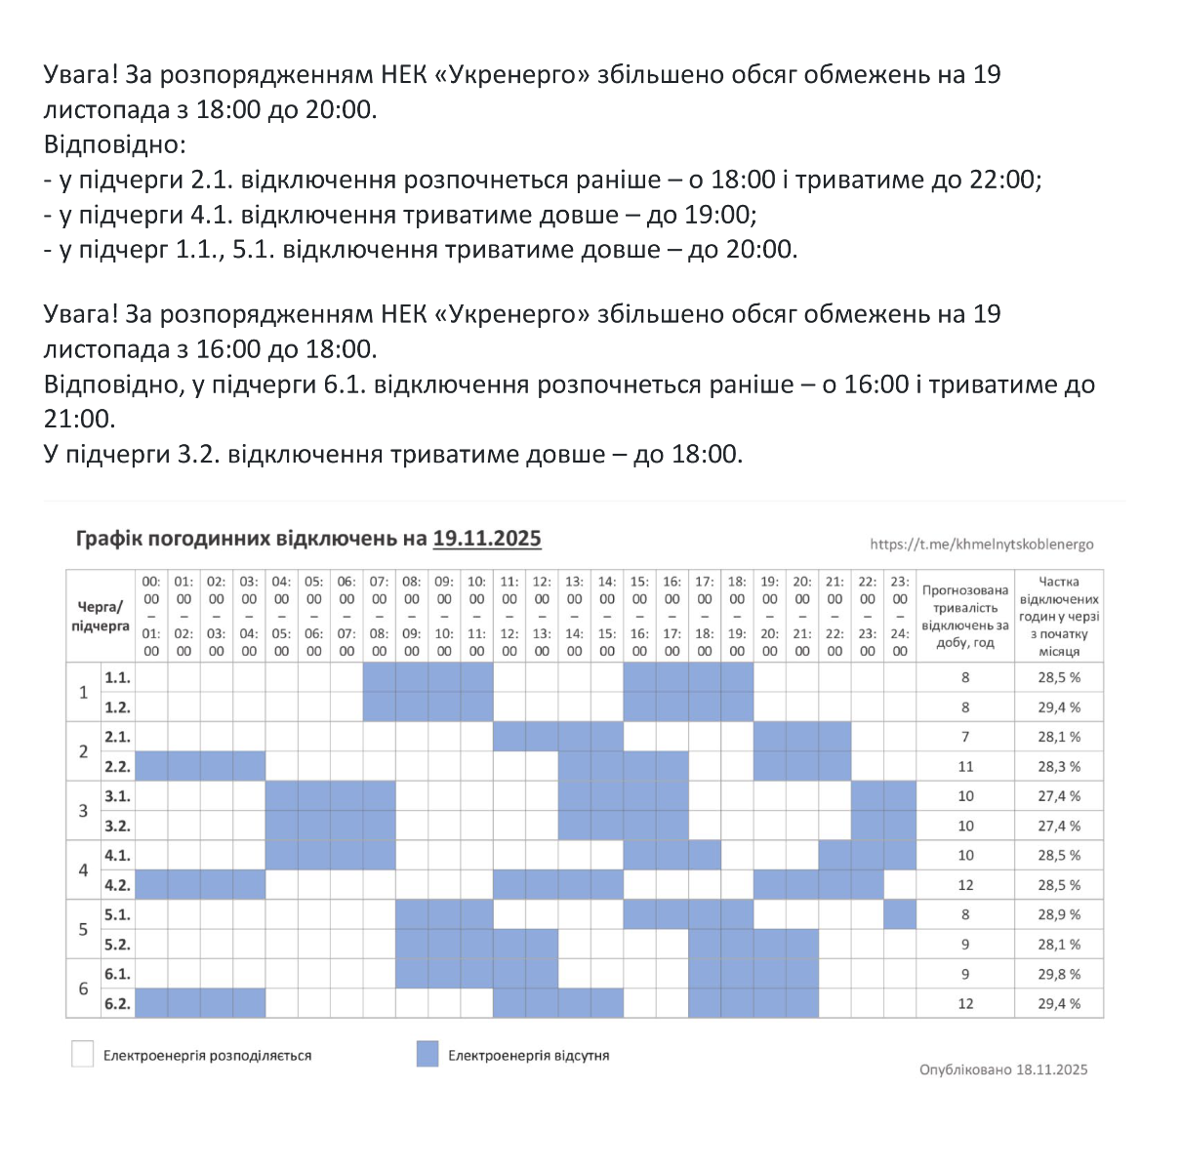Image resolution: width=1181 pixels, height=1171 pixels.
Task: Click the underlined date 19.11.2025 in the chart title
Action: [x=486, y=539]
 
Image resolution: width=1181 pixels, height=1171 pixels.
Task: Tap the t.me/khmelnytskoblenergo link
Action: [x=982, y=545]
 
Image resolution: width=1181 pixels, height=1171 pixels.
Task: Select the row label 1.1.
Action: [x=117, y=677]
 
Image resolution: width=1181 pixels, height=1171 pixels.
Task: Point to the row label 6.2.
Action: [x=117, y=1003]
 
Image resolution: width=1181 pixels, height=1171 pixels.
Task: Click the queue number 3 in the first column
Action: [x=83, y=811]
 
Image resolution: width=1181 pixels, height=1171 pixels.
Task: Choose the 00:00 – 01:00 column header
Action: [x=151, y=616]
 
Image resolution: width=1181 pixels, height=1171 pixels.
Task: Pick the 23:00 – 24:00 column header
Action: [x=900, y=616]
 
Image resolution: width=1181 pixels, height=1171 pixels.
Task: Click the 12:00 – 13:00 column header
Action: [x=542, y=616]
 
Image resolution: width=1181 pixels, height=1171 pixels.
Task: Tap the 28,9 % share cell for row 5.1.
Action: [x=1059, y=914]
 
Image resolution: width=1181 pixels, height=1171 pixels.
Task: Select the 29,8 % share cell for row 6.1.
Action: [x=1059, y=974]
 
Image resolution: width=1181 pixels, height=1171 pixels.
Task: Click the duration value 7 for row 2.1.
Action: [x=965, y=737]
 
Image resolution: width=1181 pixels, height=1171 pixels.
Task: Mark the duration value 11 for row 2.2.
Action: [x=965, y=766]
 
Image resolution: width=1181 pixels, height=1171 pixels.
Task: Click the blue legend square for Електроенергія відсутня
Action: [x=428, y=1054]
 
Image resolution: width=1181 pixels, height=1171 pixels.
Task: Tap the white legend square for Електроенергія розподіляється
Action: [x=83, y=1054]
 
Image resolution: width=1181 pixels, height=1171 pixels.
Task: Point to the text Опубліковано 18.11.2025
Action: [x=1003, y=1070]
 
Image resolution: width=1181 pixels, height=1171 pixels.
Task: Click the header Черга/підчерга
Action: [x=100, y=617]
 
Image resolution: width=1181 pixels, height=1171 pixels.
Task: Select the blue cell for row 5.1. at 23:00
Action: [x=900, y=914]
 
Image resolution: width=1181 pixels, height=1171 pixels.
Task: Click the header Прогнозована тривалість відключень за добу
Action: [x=965, y=617]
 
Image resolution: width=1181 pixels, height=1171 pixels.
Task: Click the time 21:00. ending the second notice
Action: [x=79, y=420]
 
